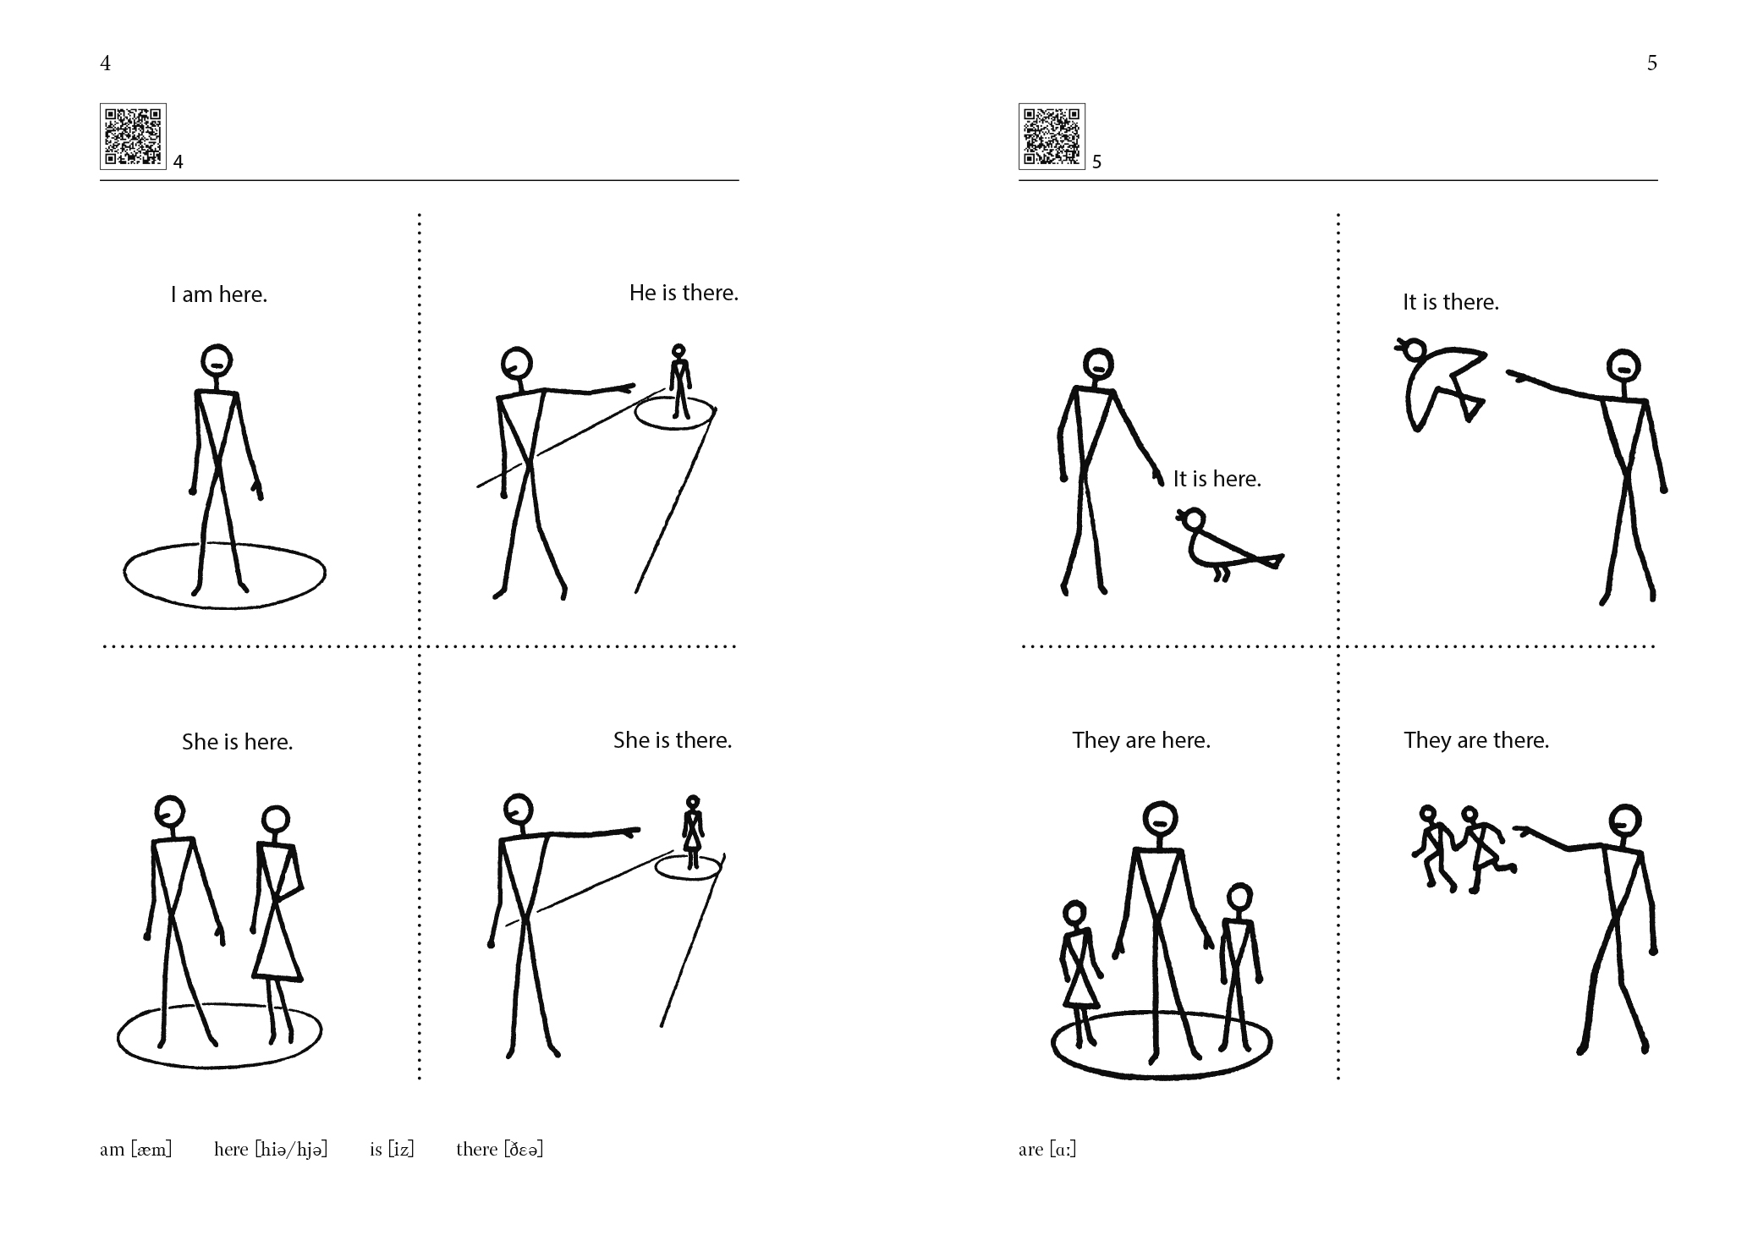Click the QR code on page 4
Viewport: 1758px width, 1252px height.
tap(133, 136)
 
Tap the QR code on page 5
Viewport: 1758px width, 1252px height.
tap(1052, 136)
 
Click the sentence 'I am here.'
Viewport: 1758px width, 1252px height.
tap(219, 294)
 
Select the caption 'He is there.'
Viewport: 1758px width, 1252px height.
tap(684, 293)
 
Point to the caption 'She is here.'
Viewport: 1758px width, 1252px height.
tap(237, 742)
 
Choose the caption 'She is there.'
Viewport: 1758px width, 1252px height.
tap(673, 740)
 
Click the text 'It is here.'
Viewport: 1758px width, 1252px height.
tap(1217, 479)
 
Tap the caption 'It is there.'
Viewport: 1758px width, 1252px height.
tap(1451, 302)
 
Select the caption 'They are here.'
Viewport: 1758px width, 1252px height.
tap(1141, 740)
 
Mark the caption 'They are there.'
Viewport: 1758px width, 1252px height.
tap(1476, 740)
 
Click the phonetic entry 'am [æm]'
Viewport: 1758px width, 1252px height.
tap(135, 1149)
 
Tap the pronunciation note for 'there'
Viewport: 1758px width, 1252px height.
tap(499, 1149)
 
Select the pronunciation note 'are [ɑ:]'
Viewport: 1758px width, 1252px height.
tap(1047, 1149)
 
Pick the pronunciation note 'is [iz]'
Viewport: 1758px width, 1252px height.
tap(392, 1149)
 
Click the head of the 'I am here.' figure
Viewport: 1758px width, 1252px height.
tap(217, 360)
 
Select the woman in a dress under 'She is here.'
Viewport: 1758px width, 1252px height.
tap(277, 922)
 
